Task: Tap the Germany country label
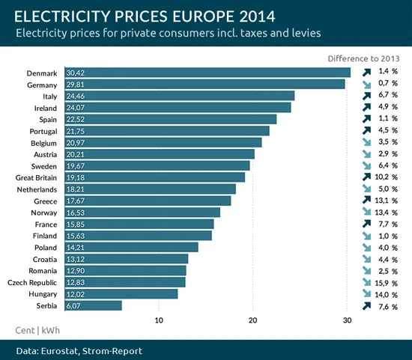(x=43, y=85)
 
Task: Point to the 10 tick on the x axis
(x=159, y=321)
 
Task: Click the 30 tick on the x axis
(x=347, y=321)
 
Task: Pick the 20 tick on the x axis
(x=253, y=321)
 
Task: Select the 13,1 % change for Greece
(x=387, y=201)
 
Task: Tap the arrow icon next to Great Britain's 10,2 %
(x=366, y=177)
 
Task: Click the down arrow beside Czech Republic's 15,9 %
(x=366, y=282)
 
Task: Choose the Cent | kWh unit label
(x=37, y=330)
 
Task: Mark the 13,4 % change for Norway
(x=387, y=213)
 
